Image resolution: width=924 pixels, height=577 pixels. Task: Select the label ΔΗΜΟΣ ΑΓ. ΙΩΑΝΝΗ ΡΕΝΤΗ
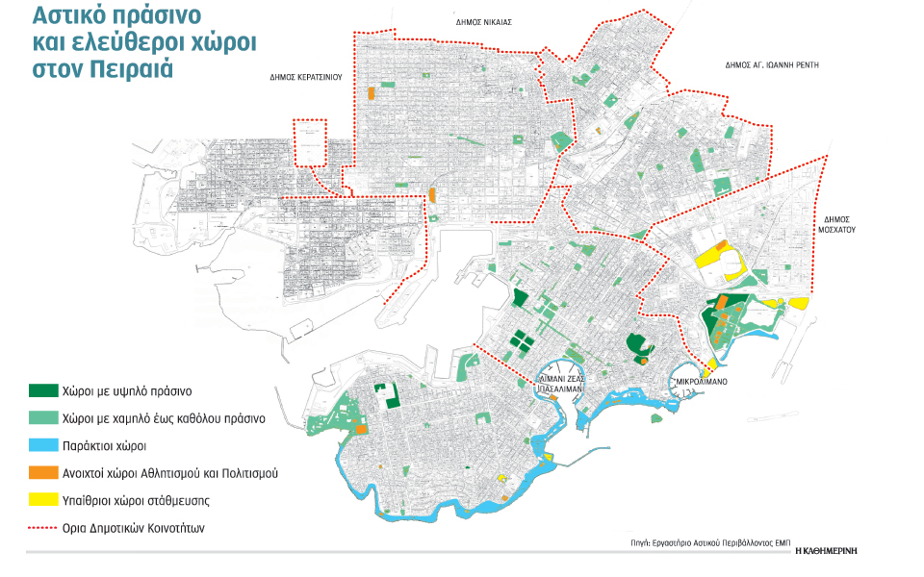[777, 65]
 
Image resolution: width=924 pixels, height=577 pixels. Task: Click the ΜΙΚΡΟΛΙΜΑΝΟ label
[701, 382]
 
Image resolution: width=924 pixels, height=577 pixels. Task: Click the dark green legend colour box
[43, 391]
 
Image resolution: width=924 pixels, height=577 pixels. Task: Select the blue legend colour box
[43, 446]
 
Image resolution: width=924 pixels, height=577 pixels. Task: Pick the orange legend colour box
[43, 473]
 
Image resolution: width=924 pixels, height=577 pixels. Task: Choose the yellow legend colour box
[43, 500]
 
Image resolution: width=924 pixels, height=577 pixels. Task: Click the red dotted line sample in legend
[43, 528]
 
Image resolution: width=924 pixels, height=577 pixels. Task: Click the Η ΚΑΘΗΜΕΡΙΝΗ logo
[826, 552]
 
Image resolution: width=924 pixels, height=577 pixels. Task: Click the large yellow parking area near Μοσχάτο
[720, 262]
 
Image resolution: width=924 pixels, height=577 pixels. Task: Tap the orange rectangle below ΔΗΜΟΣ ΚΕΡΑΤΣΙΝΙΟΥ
[371, 94]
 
